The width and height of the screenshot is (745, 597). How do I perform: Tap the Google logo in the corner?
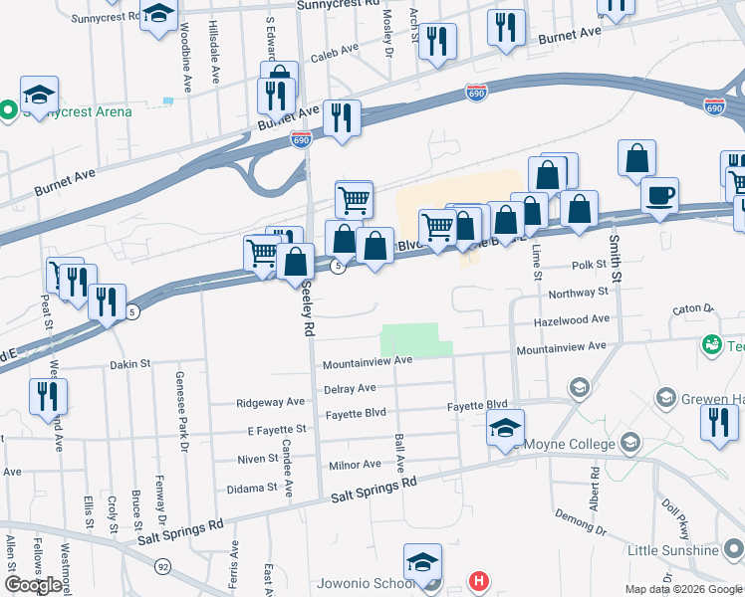(x=33, y=585)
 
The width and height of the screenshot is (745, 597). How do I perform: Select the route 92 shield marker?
(x=161, y=565)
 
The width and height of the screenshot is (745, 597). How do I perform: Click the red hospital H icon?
(x=479, y=580)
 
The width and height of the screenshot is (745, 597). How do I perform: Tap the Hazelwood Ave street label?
(x=572, y=319)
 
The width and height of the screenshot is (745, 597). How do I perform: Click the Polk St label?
(x=589, y=266)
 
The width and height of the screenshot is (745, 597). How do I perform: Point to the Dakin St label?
(x=129, y=365)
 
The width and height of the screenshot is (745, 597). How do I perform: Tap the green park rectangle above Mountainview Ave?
(x=411, y=339)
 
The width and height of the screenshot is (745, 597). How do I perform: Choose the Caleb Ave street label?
(x=334, y=50)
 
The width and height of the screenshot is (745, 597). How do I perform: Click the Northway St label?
(x=578, y=293)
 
